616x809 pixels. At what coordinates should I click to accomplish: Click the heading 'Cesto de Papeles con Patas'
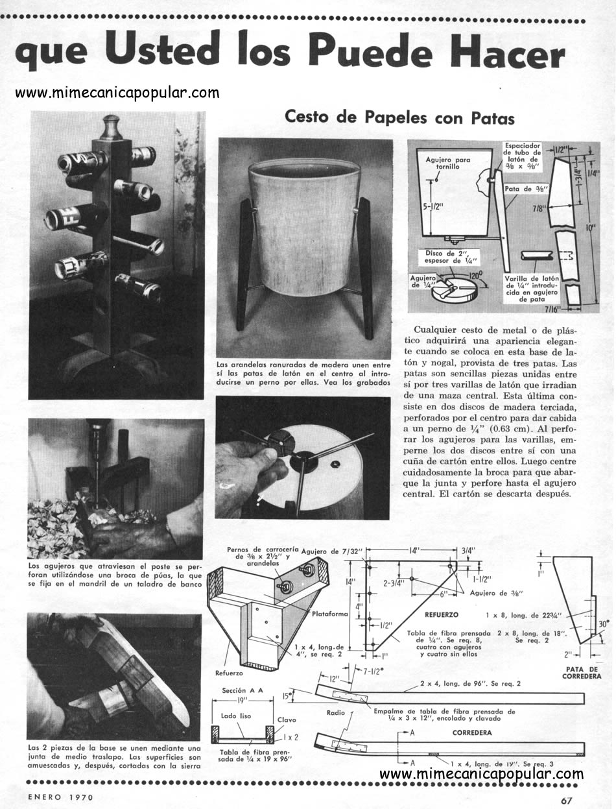click(x=399, y=117)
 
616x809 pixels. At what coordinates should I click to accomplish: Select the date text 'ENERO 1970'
click(x=61, y=797)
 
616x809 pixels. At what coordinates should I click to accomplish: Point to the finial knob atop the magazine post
click(x=113, y=127)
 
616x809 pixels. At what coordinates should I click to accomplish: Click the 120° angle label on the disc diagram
click(x=475, y=275)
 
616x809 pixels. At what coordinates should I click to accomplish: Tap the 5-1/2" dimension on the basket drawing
click(x=433, y=206)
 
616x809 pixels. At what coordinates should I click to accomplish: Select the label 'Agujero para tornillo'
click(x=447, y=163)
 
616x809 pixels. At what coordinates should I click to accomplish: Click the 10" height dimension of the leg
click(x=590, y=228)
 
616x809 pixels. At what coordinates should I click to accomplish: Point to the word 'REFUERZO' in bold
click(x=442, y=614)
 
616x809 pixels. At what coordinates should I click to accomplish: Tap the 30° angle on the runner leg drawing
click(x=604, y=623)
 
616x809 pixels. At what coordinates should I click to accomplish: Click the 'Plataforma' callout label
click(x=329, y=614)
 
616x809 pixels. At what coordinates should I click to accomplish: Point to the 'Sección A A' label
click(x=243, y=690)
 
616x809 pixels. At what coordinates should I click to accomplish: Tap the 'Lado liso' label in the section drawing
click(x=235, y=716)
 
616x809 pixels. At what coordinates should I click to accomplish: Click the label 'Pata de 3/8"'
click(x=527, y=189)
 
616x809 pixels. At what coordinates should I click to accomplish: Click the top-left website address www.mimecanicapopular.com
click(x=117, y=93)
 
